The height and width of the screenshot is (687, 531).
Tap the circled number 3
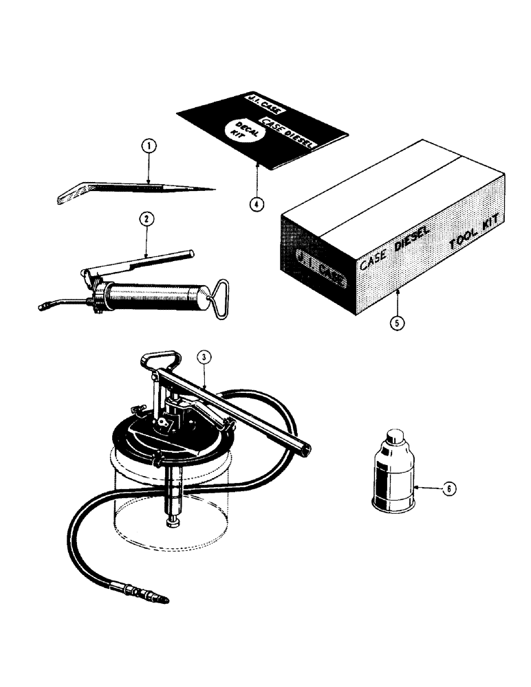tap(203, 357)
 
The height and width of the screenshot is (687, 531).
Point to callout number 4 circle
tap(256, 204)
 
